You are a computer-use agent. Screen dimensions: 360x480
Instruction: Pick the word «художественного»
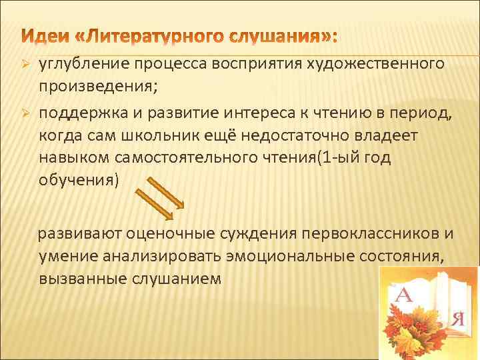[380, 64]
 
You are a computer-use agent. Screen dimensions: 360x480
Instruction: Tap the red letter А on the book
[404, 294]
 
